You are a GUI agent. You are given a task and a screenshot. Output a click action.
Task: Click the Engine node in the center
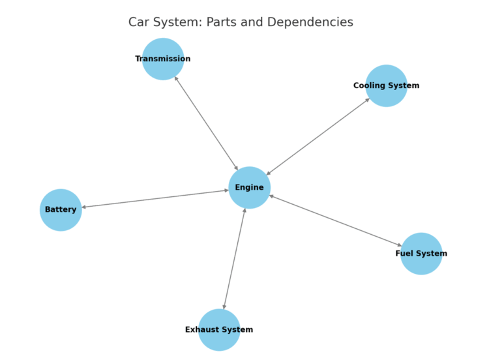pos(249,188)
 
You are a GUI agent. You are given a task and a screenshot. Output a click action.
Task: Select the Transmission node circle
pos(163,59)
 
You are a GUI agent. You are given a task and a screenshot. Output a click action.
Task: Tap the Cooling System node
pos(386,85)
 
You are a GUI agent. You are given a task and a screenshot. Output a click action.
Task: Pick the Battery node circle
pos(61,210)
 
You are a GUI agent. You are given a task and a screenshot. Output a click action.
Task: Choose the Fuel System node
pos(421,254)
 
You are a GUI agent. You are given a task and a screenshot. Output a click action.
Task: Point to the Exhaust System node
pos(219,330)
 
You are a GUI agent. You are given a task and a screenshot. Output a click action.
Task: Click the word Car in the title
pos(139,22)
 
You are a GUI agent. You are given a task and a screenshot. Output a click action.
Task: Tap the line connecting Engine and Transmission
pos(206,123)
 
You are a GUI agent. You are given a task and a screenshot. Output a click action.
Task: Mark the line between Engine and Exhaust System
pos(234,259)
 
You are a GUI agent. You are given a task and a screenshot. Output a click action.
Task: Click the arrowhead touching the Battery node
pos(84,207)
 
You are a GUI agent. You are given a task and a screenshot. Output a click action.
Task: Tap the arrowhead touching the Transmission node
pos(176,78)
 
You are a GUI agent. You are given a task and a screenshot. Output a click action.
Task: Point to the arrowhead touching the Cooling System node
pos(368,100)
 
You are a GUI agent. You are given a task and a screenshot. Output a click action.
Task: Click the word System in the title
pos(176,22)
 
